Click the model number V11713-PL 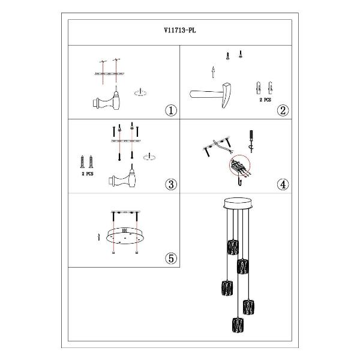(180, 31)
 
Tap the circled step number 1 (171, 110)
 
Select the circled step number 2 (283, 110)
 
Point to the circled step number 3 (171, 184)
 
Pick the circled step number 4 (283, 184)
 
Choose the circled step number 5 (171, 259)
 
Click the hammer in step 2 (211, 95)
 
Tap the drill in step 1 (106, 100)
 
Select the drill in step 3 (122, 176)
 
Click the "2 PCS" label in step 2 (265, 100)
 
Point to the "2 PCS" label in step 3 (88, 174)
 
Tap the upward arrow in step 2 (213, 73)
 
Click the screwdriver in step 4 (251, 141)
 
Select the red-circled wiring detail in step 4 (239, 166)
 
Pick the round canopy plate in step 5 (125, 235)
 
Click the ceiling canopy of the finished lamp (238, 203)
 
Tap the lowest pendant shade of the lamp (238, 325)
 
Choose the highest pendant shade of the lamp (233, 247)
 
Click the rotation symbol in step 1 (140, 92)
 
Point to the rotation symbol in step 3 (149, 157)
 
